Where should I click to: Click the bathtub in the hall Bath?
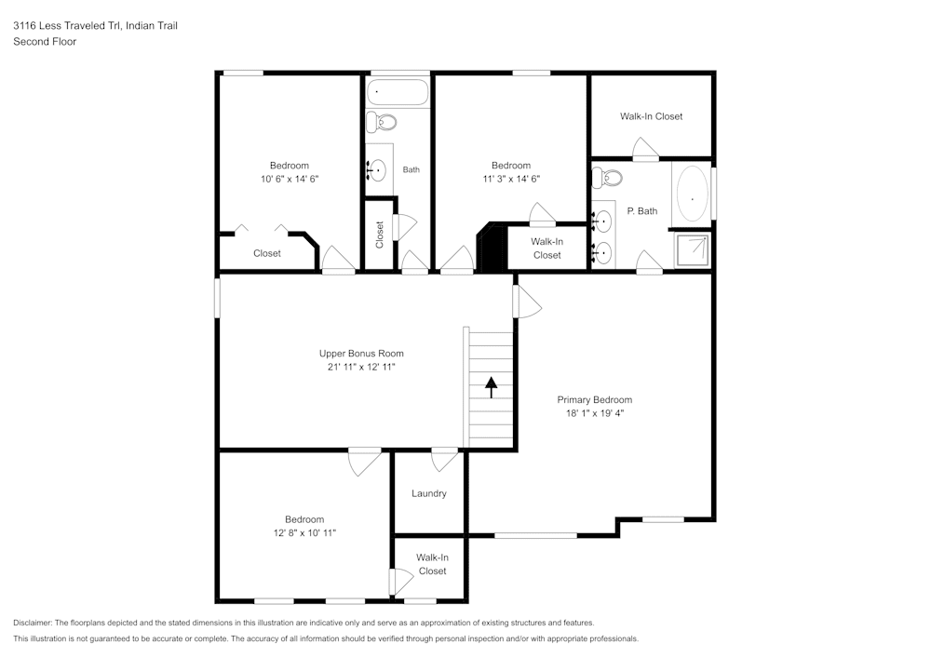(x=398, y=92)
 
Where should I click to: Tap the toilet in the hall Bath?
(x=381, y=121)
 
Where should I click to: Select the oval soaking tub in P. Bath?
(x=692, y=194)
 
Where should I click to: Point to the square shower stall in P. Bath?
(x=693, y=249)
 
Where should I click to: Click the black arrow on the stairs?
(x=491, y=387)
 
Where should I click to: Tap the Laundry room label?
(x=429, y=493)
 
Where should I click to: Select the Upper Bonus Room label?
(x=361, y=354)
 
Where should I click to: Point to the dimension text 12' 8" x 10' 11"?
(x=304, y=532)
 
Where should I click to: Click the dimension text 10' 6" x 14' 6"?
(x=290, y=179)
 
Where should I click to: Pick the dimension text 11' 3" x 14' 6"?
(x=511, y=179)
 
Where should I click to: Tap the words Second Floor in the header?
(x=45, y=42)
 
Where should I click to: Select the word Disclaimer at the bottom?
(x=34, y=623)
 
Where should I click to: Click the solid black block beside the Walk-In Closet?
(x=491, y=248)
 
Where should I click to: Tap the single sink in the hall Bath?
(x=377, y=170)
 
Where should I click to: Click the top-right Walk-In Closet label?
(x=651, y=116)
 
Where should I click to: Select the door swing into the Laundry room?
(x=445, y=460)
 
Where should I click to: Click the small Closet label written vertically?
(x=380, y=235)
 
